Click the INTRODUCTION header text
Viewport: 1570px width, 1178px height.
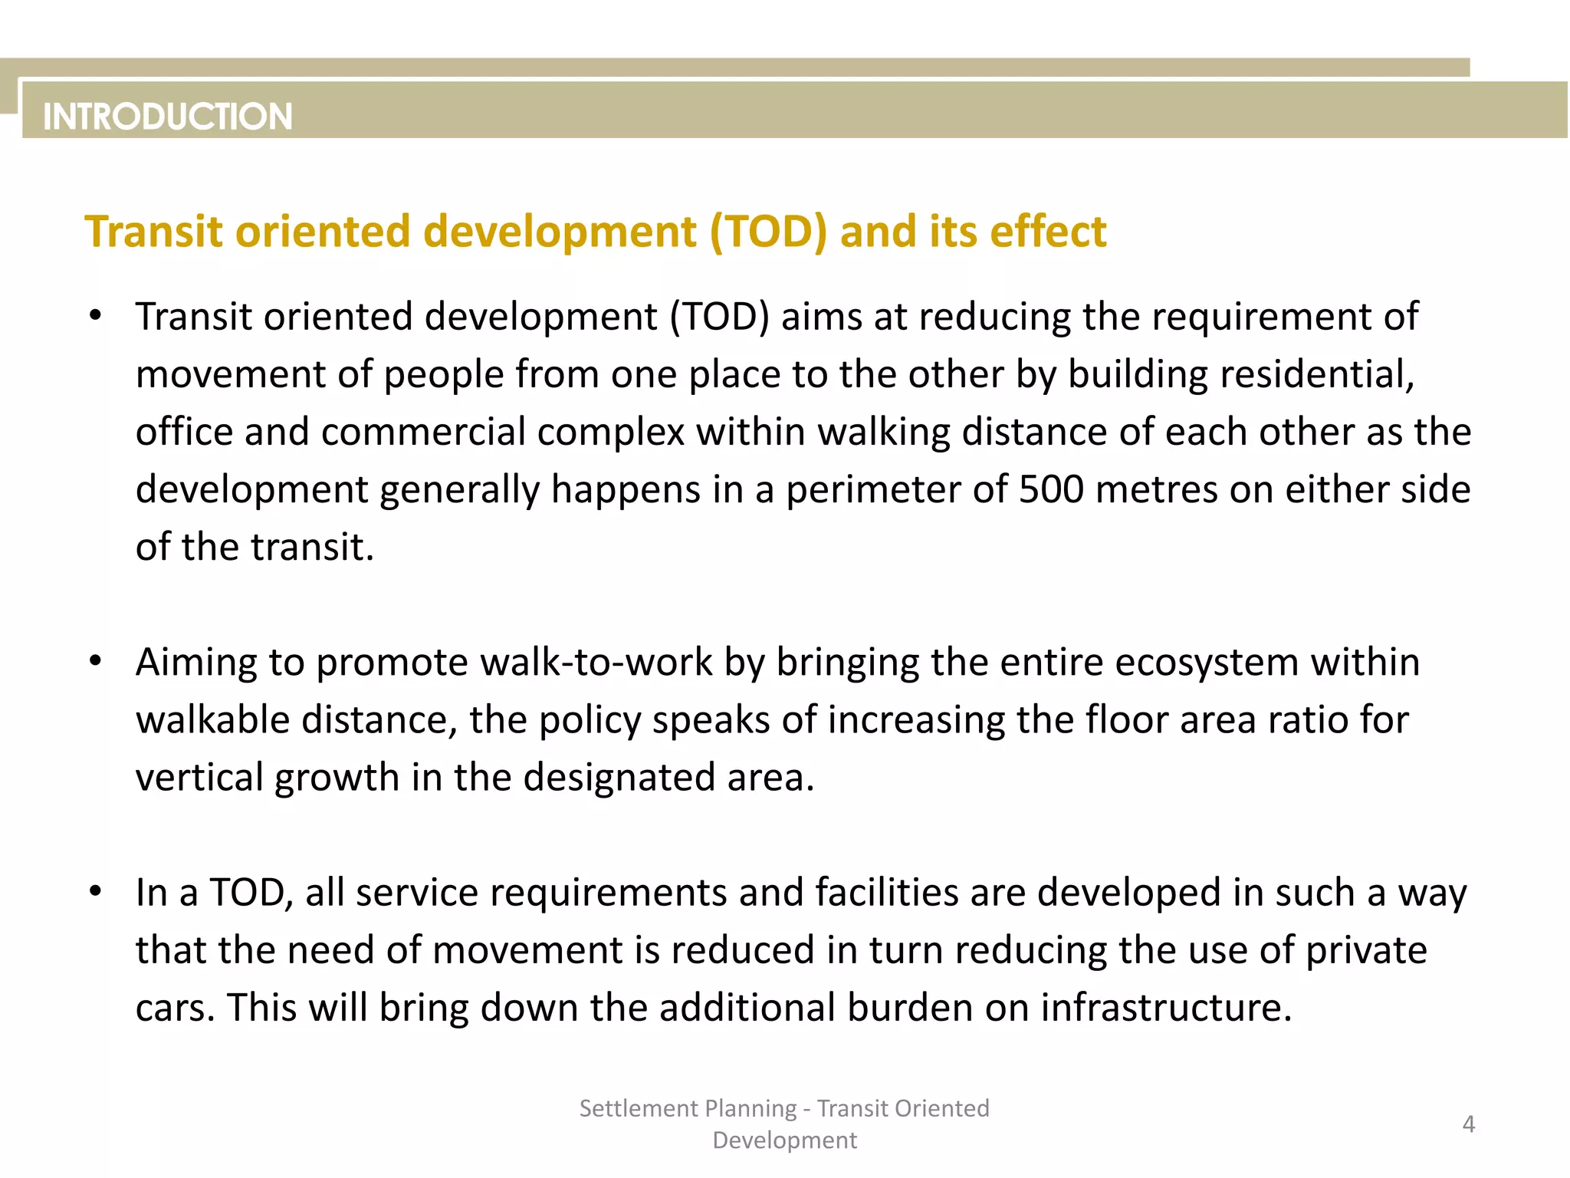pos(168,117)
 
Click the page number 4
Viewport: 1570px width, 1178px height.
pos(1468,1124)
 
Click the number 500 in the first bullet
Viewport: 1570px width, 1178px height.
pos(1051,489)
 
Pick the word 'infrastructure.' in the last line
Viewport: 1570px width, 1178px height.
pos(1166,1007)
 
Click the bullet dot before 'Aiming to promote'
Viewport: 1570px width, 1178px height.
pos(95,660)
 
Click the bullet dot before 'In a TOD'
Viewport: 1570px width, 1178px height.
pos(95,890)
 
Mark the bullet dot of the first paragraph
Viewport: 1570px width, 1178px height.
pos(95,315)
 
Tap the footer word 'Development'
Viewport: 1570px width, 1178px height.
pos(784,1140)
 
